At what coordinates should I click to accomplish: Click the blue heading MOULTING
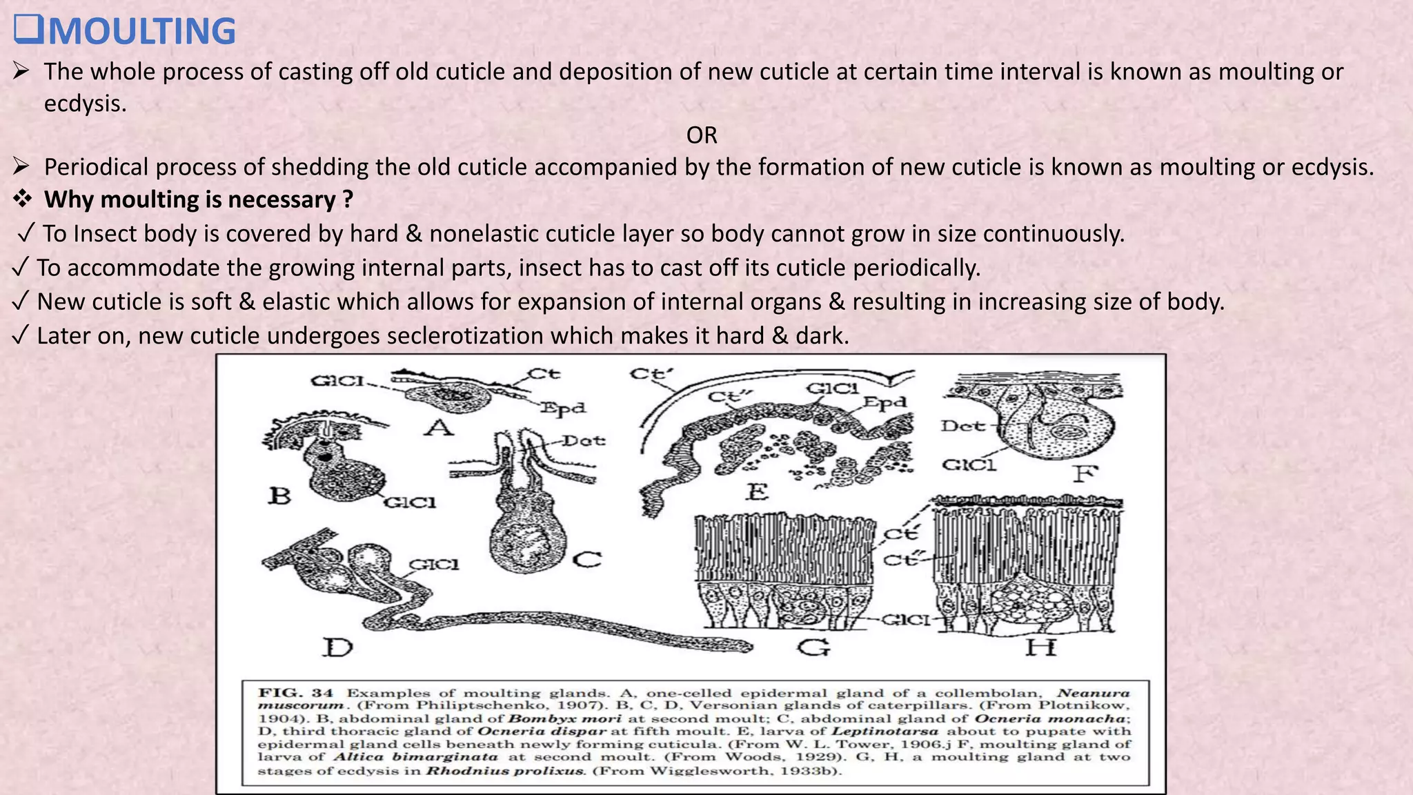[x=141, y=32]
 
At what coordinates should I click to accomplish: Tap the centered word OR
[x=702, y=135]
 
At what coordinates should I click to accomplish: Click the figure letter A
[x=439, y=429]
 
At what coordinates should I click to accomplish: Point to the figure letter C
[x=587, y=559]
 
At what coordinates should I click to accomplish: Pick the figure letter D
[x=338, y=648]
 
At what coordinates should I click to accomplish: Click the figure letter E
[x=757, y=492]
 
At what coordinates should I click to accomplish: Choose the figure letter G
[x=813, y=648]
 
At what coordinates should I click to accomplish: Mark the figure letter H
[x=1040, y=648]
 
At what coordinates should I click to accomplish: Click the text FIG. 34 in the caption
[x=295, y=693]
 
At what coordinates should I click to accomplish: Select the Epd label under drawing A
[x=562, y=409]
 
